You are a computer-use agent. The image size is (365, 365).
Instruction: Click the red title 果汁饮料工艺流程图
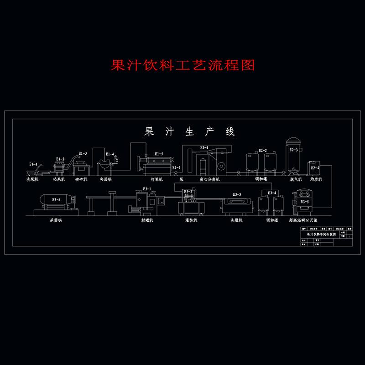[x=182, y=65]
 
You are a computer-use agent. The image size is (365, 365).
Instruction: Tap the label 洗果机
[x=33, y=180]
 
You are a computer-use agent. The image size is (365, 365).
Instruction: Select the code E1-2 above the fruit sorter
[x=60, y=159]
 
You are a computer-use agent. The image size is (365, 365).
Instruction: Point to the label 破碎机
[x=81, y=180]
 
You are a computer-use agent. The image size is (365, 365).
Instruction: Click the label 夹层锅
[x=106, y=180]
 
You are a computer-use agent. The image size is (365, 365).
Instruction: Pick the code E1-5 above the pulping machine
[x=159, y=154]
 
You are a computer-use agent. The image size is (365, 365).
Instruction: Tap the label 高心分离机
[x=209, y=180]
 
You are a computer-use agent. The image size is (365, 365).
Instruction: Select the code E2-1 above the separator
[x=204, y=148]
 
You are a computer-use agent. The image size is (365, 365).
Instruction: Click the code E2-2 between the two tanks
[x=263, y=151]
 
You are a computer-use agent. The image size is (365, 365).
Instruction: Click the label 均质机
[x=316, y=180]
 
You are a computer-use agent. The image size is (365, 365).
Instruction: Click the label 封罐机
[x=147, y=220]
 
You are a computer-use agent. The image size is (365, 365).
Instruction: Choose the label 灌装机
[x=191, y=220]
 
